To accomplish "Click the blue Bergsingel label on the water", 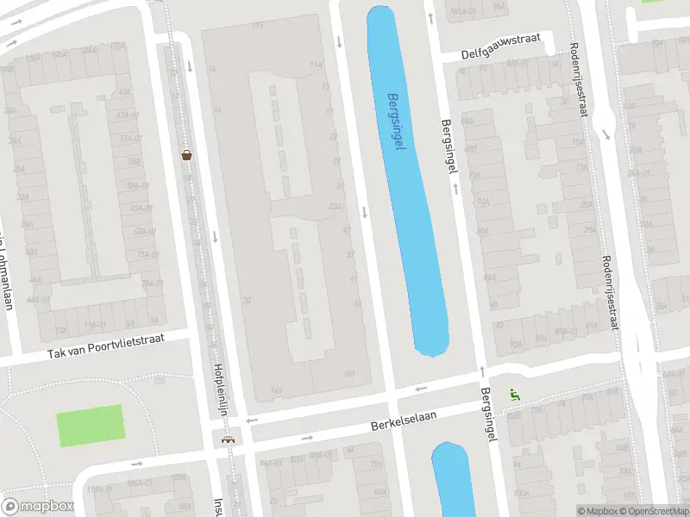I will (396, 122).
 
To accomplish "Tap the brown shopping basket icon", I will (186, 155).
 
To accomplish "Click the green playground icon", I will (515, 396).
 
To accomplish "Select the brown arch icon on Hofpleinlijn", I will (228, 439).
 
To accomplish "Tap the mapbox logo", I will (37, 507).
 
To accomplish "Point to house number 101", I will (348, 373).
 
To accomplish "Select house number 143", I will (276, 390).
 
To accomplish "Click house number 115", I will (257, 26).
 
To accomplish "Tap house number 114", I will (316, 65).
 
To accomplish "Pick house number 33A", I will (335, 207).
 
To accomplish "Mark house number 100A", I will (518, 494).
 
